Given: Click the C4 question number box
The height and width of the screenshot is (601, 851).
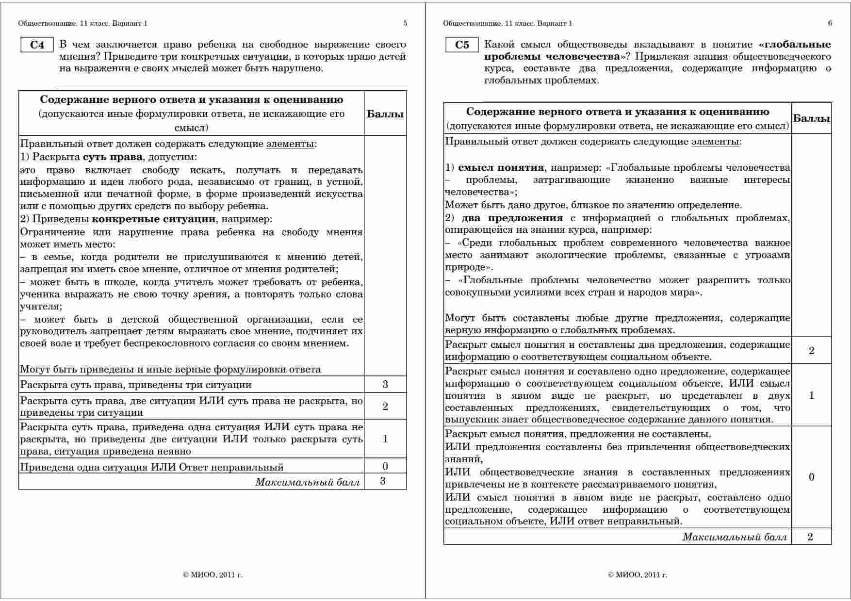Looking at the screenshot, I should point(37,45).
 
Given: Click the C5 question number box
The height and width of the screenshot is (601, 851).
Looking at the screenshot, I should point(462,45).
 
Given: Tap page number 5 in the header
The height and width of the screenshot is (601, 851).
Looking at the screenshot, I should point(405,23).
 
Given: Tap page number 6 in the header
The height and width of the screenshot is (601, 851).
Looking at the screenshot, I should point(830,23).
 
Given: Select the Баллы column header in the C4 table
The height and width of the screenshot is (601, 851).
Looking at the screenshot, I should point(385,114).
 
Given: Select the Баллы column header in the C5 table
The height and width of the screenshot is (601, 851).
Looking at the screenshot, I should point(811,118).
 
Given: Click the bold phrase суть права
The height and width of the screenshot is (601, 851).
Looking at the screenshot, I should point(113,157).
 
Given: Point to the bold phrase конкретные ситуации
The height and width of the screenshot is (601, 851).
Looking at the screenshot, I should point(153,219).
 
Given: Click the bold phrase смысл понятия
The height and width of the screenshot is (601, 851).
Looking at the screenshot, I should point(501,168).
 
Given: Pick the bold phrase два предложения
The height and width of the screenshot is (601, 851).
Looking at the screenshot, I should point(512,218).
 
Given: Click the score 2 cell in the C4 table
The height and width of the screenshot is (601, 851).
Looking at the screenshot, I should point(385,406).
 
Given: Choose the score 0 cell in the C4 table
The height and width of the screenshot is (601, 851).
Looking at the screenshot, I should point(385,467).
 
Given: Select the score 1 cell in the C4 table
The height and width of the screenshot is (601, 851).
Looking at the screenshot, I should point(385,439).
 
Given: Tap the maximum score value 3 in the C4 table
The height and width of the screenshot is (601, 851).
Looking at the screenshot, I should point(383,482).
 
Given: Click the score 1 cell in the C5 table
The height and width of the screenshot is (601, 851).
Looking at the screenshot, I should point(811,395).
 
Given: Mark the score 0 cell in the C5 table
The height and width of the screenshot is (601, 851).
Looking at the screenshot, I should point(811,477).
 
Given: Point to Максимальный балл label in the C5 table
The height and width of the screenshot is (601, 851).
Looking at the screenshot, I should point(735,537).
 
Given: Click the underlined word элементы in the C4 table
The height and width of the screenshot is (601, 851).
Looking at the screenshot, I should point(290,144).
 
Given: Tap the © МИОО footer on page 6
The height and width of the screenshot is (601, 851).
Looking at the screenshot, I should point(637,575).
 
